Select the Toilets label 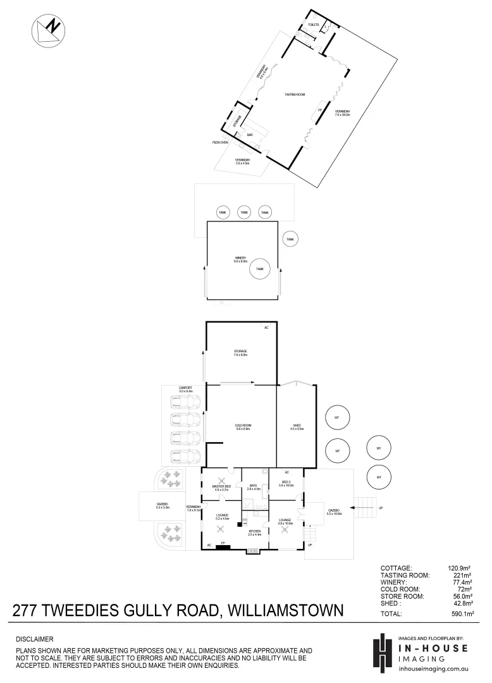coord(313,25)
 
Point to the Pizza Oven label coord(220,143)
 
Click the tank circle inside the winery coord(259,269)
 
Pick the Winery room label coord(241,258)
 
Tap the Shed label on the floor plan coord(297,425)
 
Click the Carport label coord(185,388)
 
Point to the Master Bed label coord(221,486)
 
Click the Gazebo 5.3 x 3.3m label coord(162,504)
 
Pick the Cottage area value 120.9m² coord(460,568)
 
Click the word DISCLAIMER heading coord(34,639)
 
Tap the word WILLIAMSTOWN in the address coord(285,611)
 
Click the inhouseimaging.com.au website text coord(434,668)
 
